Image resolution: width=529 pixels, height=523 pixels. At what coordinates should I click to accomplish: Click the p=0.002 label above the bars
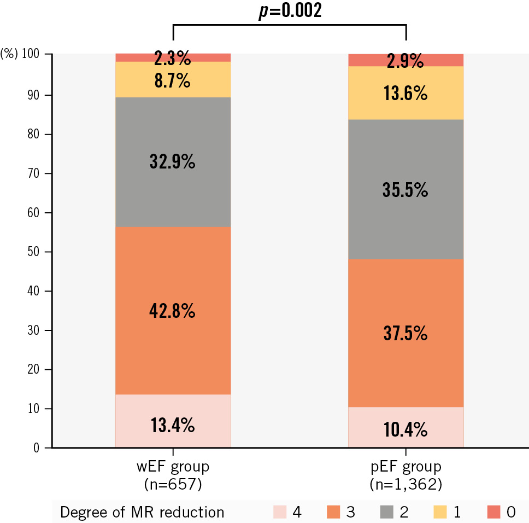pos(290,11)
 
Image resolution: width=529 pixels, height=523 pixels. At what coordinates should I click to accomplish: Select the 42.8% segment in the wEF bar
pos(173,311)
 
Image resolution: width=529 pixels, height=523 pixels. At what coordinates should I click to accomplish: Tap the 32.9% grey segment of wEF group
pos(173,162)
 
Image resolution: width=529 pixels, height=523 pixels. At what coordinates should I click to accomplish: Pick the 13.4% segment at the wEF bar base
pos(173,425)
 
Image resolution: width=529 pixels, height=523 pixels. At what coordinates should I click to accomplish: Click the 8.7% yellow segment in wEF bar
pos(173,82)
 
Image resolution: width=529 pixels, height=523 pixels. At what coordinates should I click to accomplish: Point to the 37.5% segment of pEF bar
pos(405,333)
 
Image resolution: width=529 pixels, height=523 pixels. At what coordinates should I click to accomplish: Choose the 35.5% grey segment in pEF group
pos(405,190)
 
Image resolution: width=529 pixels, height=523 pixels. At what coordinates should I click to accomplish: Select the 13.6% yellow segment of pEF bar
pos(405,94)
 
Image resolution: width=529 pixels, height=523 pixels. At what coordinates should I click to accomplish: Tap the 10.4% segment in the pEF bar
pos(405,430)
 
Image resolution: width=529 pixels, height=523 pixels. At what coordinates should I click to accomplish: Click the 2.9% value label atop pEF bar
pos(405,61)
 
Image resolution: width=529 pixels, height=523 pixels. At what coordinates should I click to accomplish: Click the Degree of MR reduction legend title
pos(142,512)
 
